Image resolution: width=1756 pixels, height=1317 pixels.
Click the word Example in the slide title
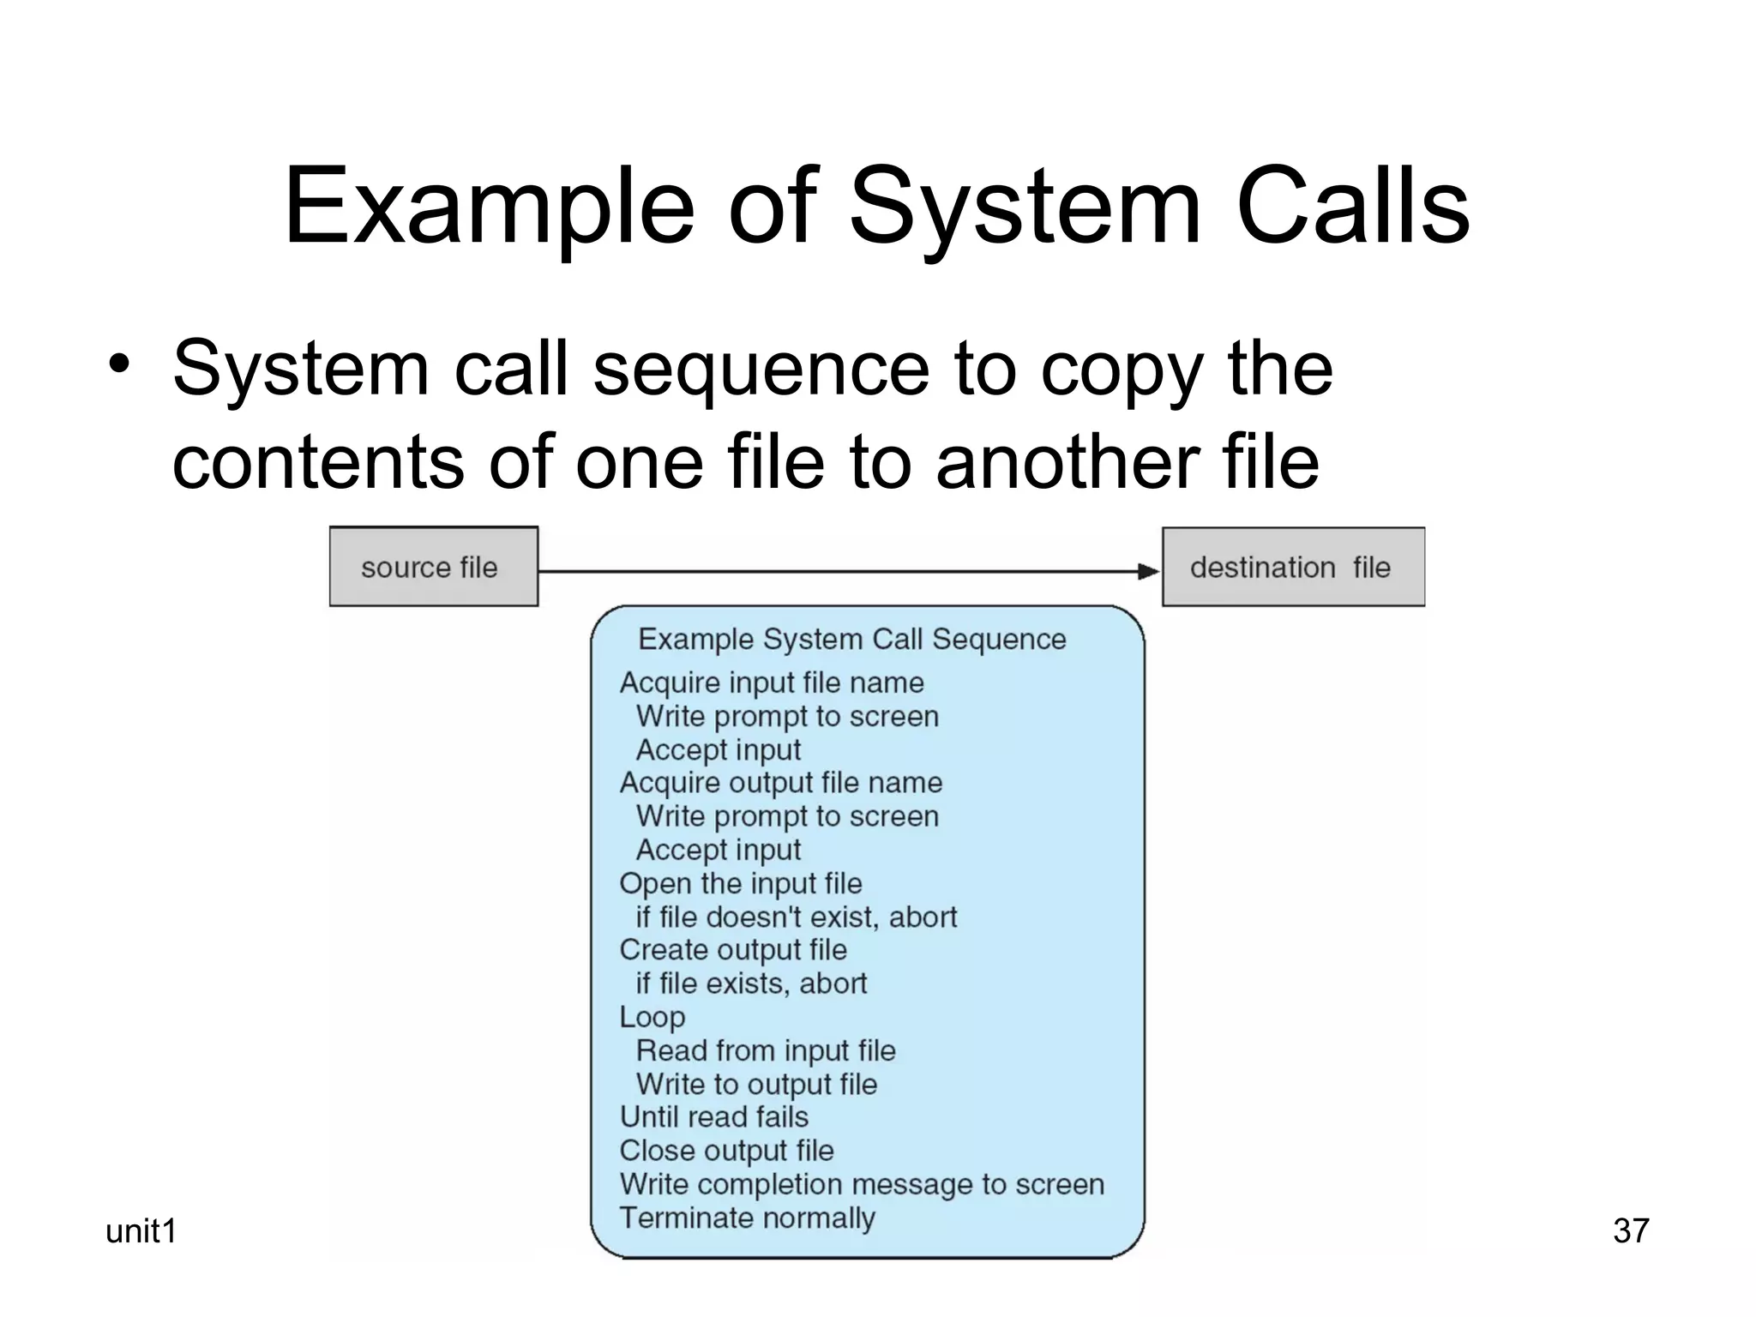coord(488,208)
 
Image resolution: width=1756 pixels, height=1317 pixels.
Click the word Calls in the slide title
coord(1352,208)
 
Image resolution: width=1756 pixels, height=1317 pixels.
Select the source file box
coord(434,567)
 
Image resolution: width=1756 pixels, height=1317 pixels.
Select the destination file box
coord(1293,567)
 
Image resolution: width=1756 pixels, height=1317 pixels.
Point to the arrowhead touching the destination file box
coord(1149,571)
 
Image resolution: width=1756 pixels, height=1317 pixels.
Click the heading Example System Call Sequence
coord(851,640)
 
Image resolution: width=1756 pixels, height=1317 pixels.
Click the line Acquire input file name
coord(772,683)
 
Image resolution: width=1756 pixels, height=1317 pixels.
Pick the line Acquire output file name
coord(780,783)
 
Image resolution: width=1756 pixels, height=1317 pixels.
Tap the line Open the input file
coord(741,883)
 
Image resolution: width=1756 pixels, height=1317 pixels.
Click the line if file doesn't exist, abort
coord(796,917)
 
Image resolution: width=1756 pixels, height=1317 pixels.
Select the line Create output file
coord(733,950)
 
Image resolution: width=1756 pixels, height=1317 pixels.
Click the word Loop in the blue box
coord(652,1018)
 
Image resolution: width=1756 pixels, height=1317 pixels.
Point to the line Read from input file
coord(766,1050)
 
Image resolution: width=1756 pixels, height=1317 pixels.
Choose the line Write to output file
coord(756,1084)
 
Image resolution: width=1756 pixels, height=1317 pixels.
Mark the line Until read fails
coord(714,1117)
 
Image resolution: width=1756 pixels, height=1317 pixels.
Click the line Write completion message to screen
coord(862,1184)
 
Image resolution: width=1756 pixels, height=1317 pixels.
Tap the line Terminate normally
coord(747,1218)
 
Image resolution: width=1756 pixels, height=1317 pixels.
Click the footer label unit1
coord(141,1231)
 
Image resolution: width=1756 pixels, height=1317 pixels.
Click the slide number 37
coord(1631,1231)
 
